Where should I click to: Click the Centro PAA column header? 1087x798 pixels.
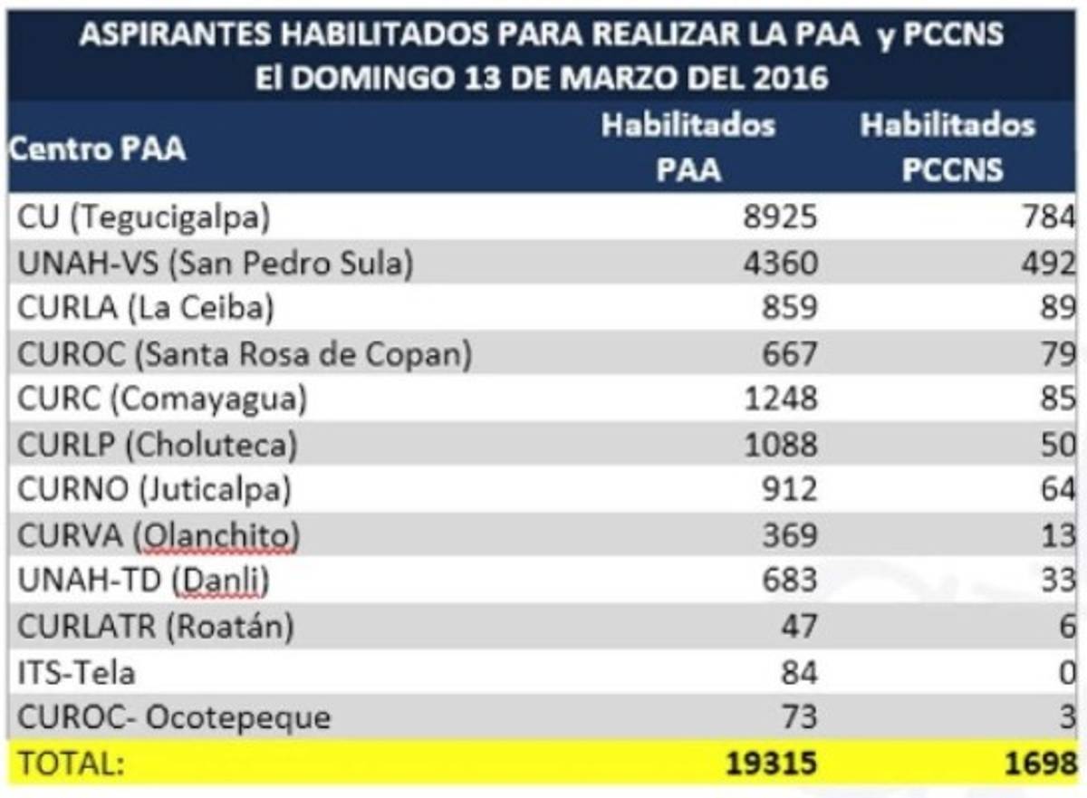98,148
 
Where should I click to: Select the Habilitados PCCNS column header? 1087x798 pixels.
948,148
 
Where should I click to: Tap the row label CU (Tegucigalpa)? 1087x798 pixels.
144,217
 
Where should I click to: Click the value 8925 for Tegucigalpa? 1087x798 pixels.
780,217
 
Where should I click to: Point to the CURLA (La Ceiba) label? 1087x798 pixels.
145,308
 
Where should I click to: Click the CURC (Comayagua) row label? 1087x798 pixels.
162,399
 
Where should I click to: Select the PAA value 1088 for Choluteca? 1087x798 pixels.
780,445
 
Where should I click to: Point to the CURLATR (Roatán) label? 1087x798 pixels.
156,627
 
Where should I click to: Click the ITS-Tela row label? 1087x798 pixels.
76,672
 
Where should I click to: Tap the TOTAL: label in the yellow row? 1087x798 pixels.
72,764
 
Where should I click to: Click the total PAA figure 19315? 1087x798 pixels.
771,764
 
